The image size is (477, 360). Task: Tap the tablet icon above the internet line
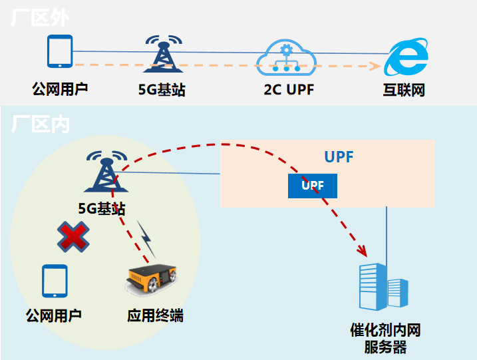tap(60, 51)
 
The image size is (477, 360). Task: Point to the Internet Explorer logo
tap(405, 59)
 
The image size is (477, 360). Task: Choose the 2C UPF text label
tap(287, 90)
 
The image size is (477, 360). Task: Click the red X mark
tap(73, 236)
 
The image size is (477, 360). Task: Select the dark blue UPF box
tap(312, 186)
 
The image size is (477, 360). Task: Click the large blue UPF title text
tap(339, 158)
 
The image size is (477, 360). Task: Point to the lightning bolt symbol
tap(146, 238)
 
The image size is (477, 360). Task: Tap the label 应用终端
tap(155, 315)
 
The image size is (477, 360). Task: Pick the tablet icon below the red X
tap(55, 281)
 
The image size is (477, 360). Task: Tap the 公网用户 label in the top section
tap(60, 89)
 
